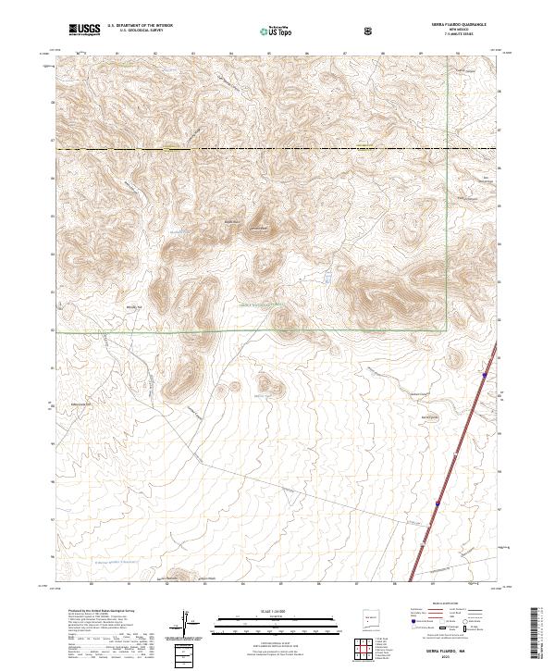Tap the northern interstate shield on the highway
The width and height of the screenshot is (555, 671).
(485, 375)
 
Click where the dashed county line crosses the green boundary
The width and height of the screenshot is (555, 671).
(446, 149)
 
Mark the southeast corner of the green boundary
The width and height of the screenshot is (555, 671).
(446, 329)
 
